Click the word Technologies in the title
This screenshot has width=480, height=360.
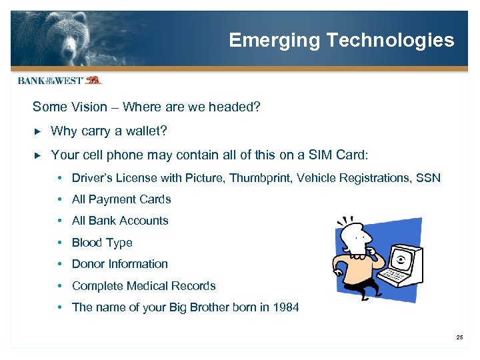[390, 41]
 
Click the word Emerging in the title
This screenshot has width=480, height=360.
[274, 41]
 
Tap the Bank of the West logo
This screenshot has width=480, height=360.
[59, 80]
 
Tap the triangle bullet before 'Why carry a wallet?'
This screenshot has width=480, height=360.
[37, 131]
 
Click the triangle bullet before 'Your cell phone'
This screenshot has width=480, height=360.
[37, 155]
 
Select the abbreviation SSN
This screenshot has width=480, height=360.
[428, 178]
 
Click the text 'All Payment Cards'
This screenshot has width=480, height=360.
[121, 199]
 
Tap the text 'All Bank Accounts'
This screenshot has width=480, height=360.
[120, 221]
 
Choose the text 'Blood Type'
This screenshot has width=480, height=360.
[102, 243]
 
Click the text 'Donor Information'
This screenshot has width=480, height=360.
[120, 264]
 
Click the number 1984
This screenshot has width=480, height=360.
[285, 307]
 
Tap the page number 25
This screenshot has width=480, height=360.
[459, 338]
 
